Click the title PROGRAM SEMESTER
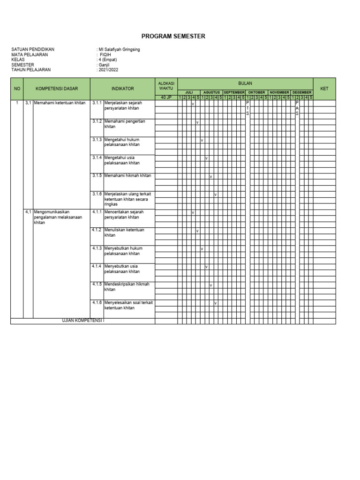click(x=173, y=37)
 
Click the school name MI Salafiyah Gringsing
click(x=119, y=50)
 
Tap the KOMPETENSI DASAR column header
click(x=57, y=89)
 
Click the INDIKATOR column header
click(x=123, y=89)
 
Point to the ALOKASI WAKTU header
click(x=166, y=86)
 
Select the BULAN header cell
click(x=245, y=83)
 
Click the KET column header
click(x=324, y=89)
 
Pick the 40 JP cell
click(x=166, y=97)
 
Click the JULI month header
click(x=189, y=92)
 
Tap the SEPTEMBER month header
click(x=234, y=92)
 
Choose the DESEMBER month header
click(x=302, y=92)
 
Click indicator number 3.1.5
click(x=97, y=175)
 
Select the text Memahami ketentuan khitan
click(x=60, y=103)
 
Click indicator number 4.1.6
click(x=97, y=302)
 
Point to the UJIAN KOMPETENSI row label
click(x=83, y=321)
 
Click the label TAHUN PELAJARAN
click(x=31, y=69)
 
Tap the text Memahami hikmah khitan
click(x=128, y=175)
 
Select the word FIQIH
click(x=106, y=54)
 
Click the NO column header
click(x=17, y=89)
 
